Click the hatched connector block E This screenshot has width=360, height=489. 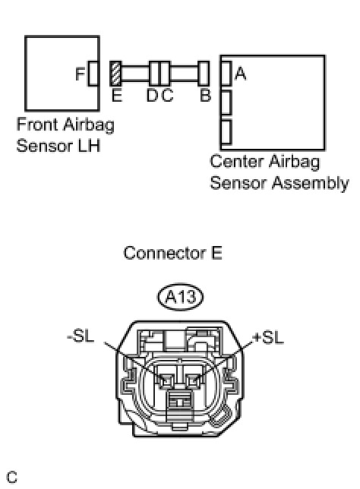[115, 74]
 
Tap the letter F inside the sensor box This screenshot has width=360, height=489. [81, 74]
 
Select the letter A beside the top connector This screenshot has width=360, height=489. [241, 74]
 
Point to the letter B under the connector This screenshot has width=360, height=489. [205, 95]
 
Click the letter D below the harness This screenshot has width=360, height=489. [153, 95]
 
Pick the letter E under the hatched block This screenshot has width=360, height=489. [117, 95]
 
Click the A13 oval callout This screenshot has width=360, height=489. [180, 297]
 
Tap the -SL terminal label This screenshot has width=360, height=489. [81, 336]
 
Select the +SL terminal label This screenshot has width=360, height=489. [269, 338]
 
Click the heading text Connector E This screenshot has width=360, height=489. [173, 253]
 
